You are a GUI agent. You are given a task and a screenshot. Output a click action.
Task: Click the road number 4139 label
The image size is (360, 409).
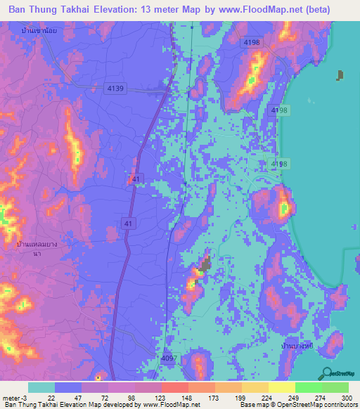(x=116, y=88)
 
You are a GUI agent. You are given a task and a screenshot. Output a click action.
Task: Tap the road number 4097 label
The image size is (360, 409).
(x=169, y=358)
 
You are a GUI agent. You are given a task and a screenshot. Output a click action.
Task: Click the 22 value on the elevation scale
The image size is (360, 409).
(x=51, y=397)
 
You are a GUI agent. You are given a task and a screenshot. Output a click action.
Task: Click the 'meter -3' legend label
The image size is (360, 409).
(x=16, y=397)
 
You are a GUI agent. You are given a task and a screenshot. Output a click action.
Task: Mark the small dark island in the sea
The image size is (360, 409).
(x=340, y=75)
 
